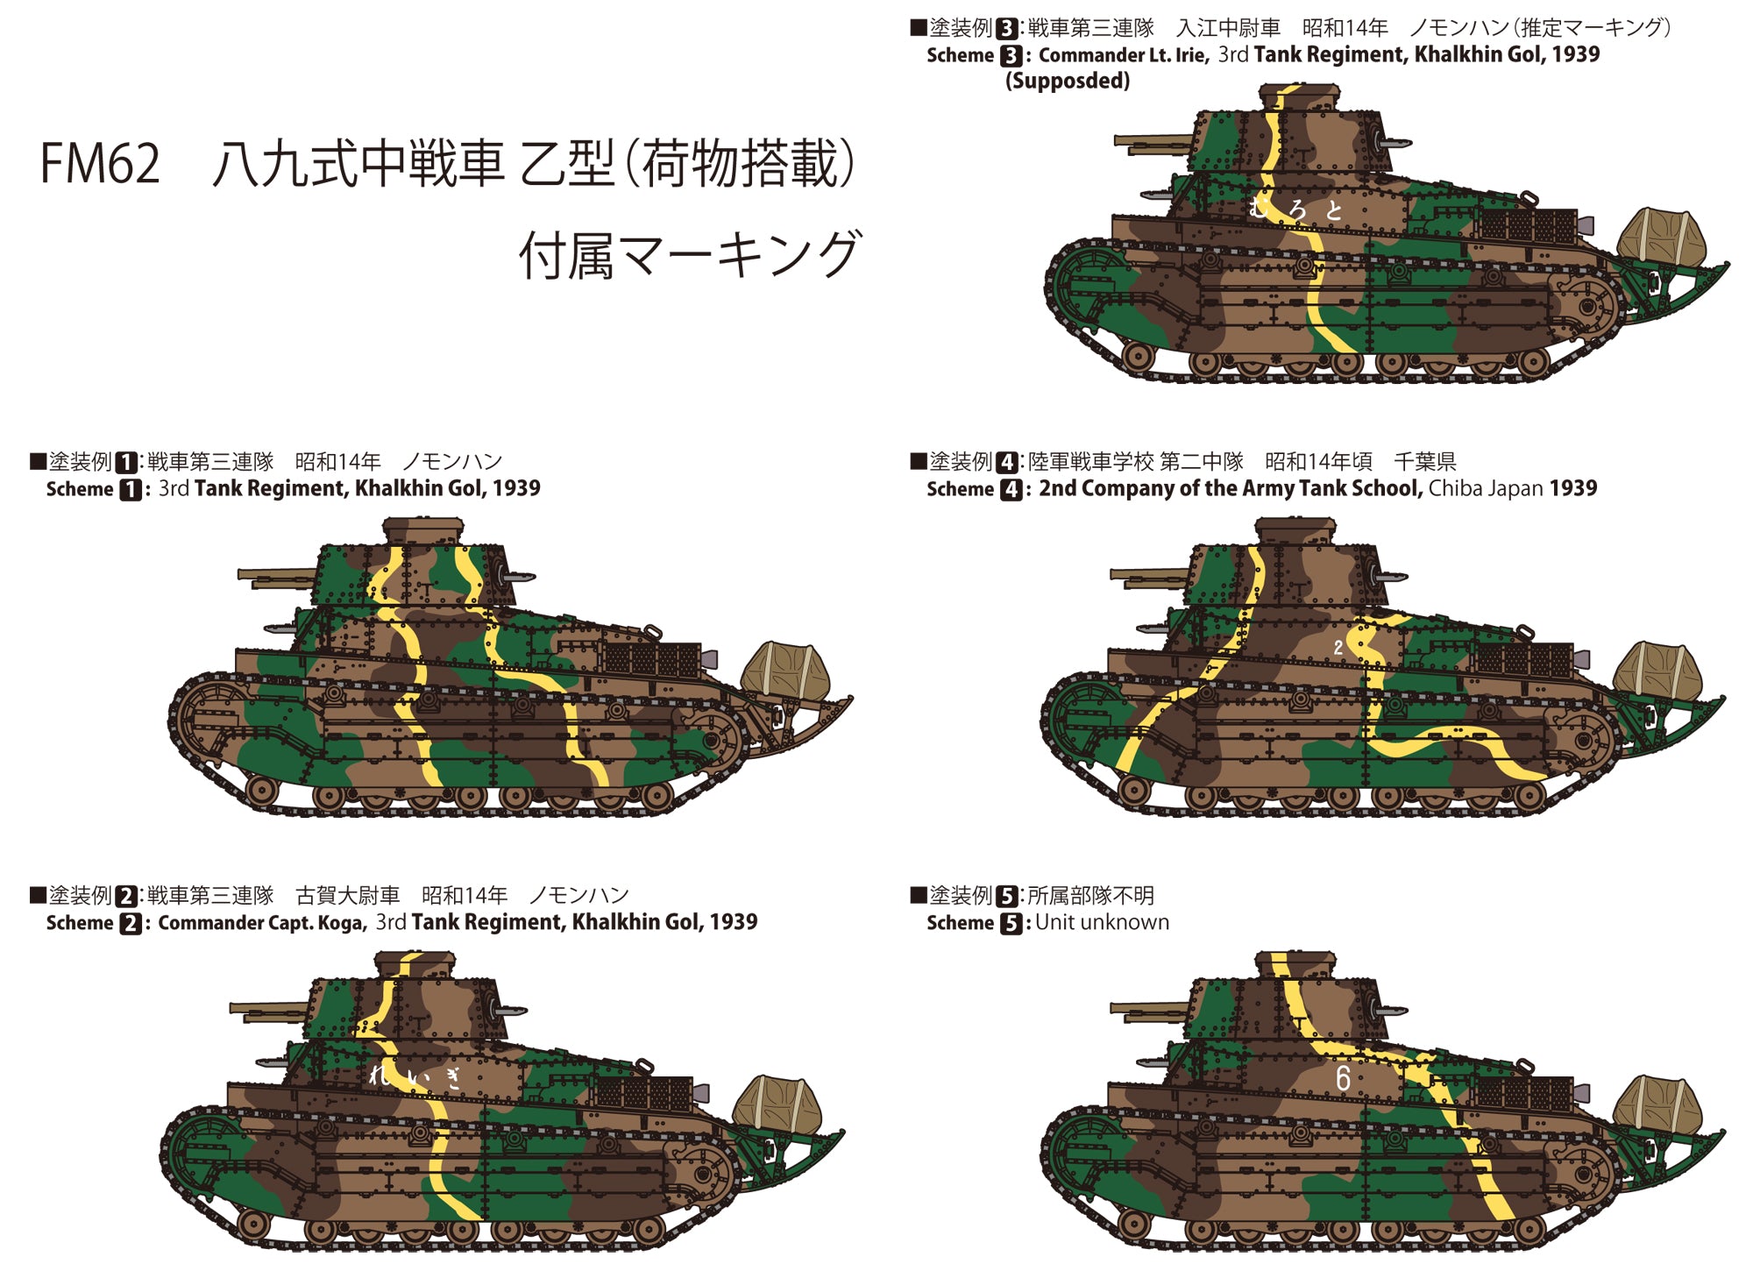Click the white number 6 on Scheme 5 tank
point(1342,1078)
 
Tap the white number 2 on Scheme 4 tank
point(1338,648)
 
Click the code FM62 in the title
point(100,164)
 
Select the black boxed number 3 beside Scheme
point(1011,56)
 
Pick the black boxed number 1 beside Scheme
point(130,490)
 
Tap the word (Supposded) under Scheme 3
point(1068,82)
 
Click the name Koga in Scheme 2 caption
point(342,923)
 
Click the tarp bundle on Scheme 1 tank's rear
point(785,670)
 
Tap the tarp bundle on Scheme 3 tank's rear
point(1661,237)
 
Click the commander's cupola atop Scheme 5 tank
point(1295,965)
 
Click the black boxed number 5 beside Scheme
point(1011,924)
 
